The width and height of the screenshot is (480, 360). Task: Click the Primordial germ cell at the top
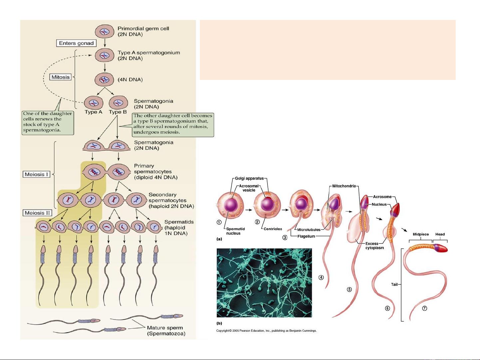click(105, 31)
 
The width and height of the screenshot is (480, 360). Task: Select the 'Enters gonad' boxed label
click(76, 43)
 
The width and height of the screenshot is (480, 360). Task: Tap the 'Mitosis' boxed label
click(61, 77)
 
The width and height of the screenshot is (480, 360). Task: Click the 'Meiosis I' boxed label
click(37, 174)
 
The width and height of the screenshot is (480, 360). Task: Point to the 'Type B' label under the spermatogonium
click(118, 112)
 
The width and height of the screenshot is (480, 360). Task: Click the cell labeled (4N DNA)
click(105, 80)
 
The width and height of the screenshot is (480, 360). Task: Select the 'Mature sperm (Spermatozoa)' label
click(166, 331)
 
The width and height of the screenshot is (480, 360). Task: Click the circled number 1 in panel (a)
click(219, 222)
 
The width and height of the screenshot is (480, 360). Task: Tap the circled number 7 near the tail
click(425, 308)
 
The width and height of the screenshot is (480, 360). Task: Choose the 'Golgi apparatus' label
click(249, 179)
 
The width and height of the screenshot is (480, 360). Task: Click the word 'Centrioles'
click(272, 229)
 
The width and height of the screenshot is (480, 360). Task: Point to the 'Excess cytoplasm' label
click(374, 246)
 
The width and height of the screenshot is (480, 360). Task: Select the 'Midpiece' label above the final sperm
click(421, 234)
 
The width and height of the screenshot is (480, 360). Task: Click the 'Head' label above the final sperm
click(440, 234)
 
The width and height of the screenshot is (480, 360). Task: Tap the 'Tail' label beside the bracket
click(394, 284)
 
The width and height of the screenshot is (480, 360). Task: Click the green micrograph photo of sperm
click(264, 283)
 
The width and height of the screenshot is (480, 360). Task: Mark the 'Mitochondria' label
click(344, 186)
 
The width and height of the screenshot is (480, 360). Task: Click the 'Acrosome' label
click(382, 197)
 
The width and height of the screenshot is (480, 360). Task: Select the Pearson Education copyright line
click(266, 331)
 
